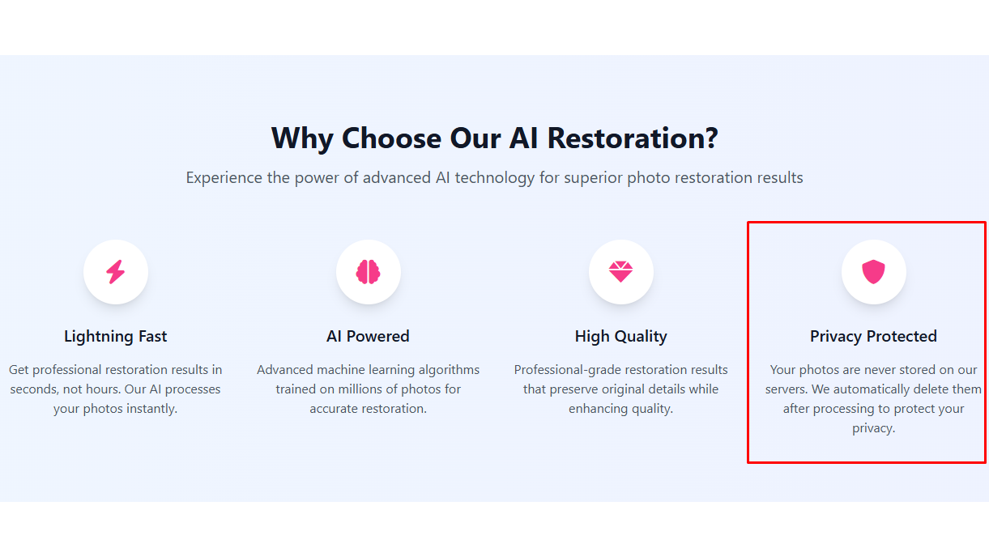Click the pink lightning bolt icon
tap(116, 272)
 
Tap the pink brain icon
tap(369, 272)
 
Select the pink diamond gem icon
tap(620, 272)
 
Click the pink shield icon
tap(873, 272)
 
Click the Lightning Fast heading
tap(116, 337)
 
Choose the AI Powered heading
tap(369, 337)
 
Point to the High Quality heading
tap(620, 337)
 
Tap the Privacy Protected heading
tap(873, 337)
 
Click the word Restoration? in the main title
tap(633, 138)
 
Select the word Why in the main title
tap(302, 138)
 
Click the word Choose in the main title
tap(391, 138)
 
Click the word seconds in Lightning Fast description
tap(34, 389)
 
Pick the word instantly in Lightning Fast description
tap(152, 409)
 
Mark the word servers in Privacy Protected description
tap(787, 389)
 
